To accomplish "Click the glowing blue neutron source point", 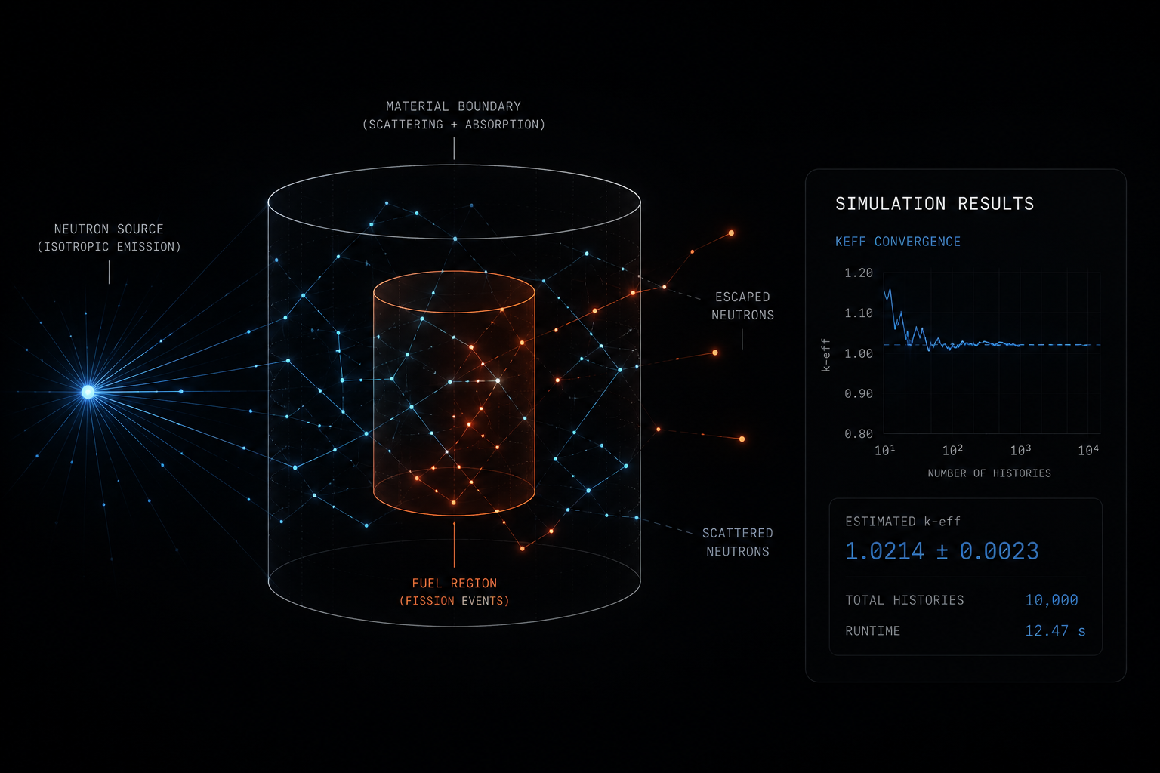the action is coord(88,392).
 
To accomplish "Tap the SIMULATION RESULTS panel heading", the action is coord(934,204).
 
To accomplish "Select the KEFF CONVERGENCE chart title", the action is coord(897,242).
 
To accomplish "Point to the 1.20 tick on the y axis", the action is coord(859,273).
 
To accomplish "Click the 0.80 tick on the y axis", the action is coord(859,434).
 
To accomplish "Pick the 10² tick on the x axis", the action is coord(952,450).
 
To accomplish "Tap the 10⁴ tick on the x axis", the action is coord(1088,450).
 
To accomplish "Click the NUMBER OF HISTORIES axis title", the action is coord(989,473).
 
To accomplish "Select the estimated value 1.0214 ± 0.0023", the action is coord(942,551).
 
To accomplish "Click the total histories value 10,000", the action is coord(1051,600).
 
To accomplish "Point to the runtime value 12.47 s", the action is coord(1055,630).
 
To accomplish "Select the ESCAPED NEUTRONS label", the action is coord(742,306).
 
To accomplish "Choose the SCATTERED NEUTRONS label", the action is coord(737,542).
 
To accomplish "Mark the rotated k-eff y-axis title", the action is coord(826,356).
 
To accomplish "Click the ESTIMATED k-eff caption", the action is coord(902,522).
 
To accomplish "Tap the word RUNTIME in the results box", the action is coord(872,630).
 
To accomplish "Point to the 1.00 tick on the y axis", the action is coord(859,353).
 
